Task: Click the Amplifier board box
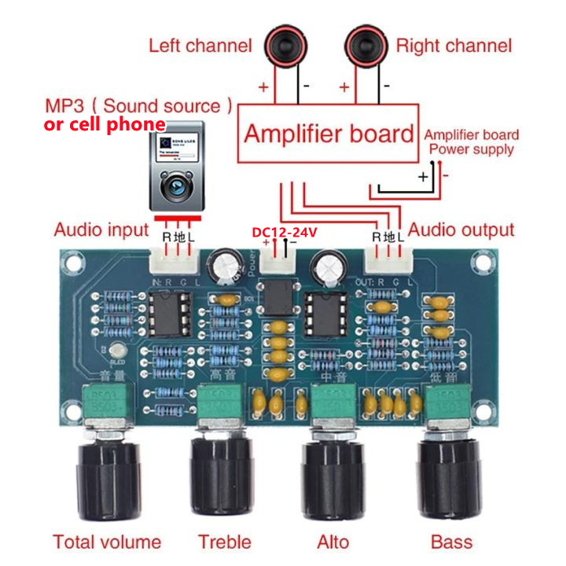coord(328,133)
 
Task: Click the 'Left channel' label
coord(200,46)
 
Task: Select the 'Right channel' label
coord(454,46)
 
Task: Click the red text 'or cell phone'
coord(105,125)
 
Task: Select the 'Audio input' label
coord(101,230)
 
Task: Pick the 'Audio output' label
coord(461,230)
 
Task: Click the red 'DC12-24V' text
coord(284,233)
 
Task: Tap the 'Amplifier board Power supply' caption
coord(472,142)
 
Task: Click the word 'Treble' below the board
coord(225,542)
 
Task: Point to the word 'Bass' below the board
coord(452,542)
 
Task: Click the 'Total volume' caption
coord(107,542)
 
